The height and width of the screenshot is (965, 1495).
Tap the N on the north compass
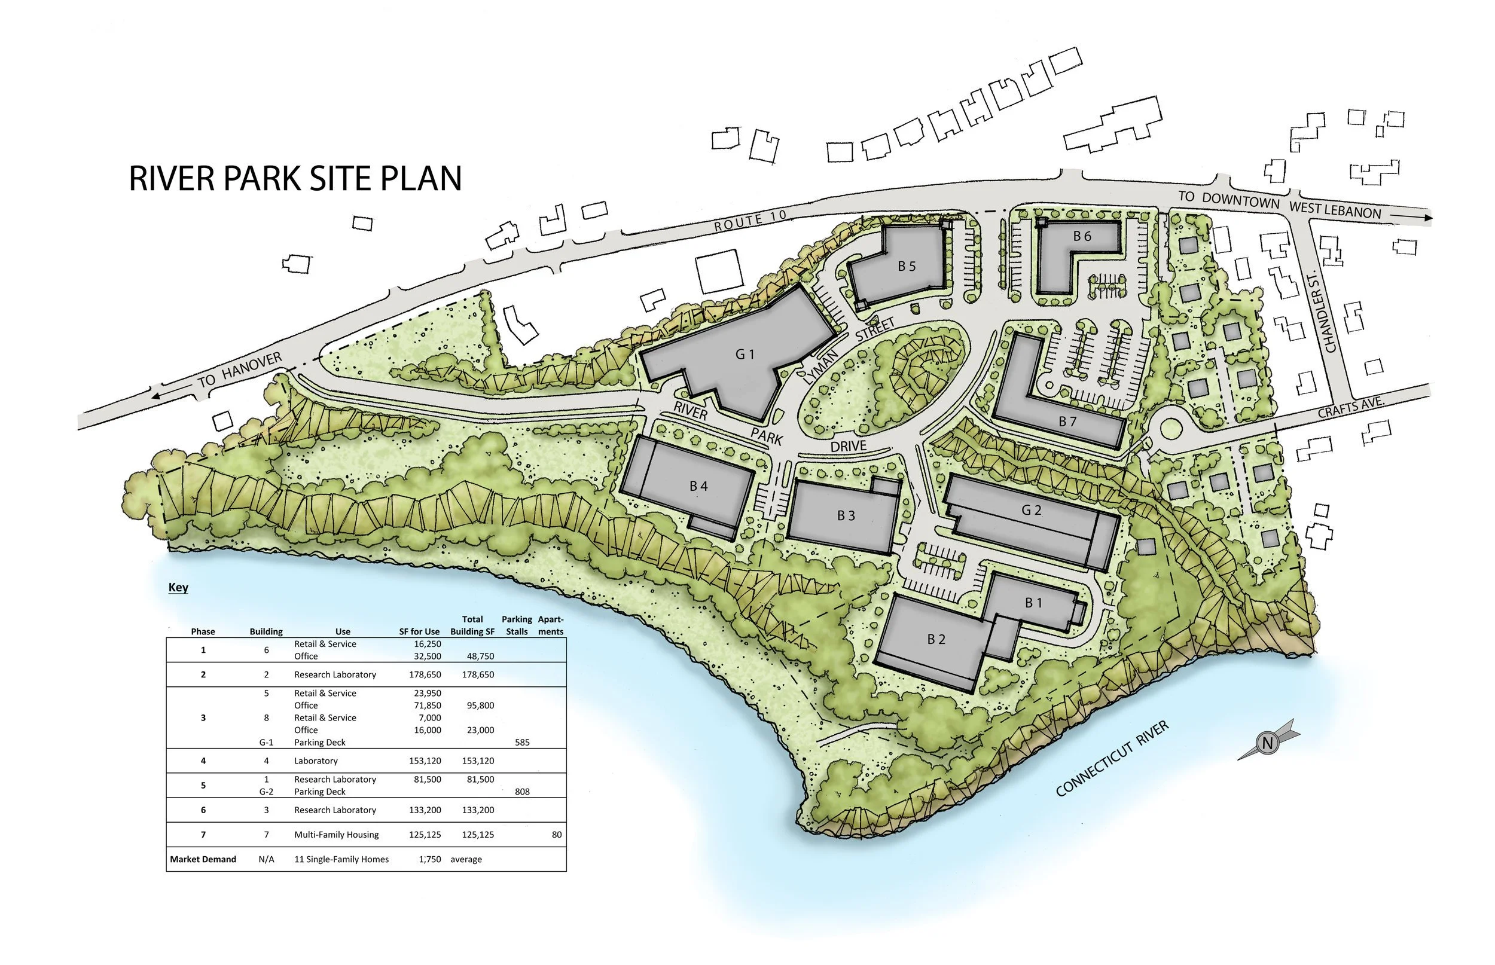[x=1267, y=744]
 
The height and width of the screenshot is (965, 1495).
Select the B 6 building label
[x=1082, y=236]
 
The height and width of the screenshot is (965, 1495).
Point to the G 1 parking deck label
[x=745, y=355]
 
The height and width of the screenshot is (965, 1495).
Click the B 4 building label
[x=698, y=486]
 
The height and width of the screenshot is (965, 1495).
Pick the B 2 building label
[x=936, y=639]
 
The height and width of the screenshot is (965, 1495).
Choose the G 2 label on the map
[x=1032, y=510]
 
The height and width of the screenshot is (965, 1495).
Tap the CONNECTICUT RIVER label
[x=1113, y=759]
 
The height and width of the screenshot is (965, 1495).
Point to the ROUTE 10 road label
[x=749, y=221]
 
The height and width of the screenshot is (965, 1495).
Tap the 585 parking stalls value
[x=522, y=743]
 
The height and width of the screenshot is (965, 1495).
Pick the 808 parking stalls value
[x=522, y=792]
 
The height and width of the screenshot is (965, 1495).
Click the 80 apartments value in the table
[x=557, y=835]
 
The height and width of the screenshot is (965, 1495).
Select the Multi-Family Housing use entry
[x=337, y=835]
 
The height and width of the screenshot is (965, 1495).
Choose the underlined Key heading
[x=179, y=588]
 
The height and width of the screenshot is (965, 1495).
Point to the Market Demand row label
[x=203, y=859]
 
